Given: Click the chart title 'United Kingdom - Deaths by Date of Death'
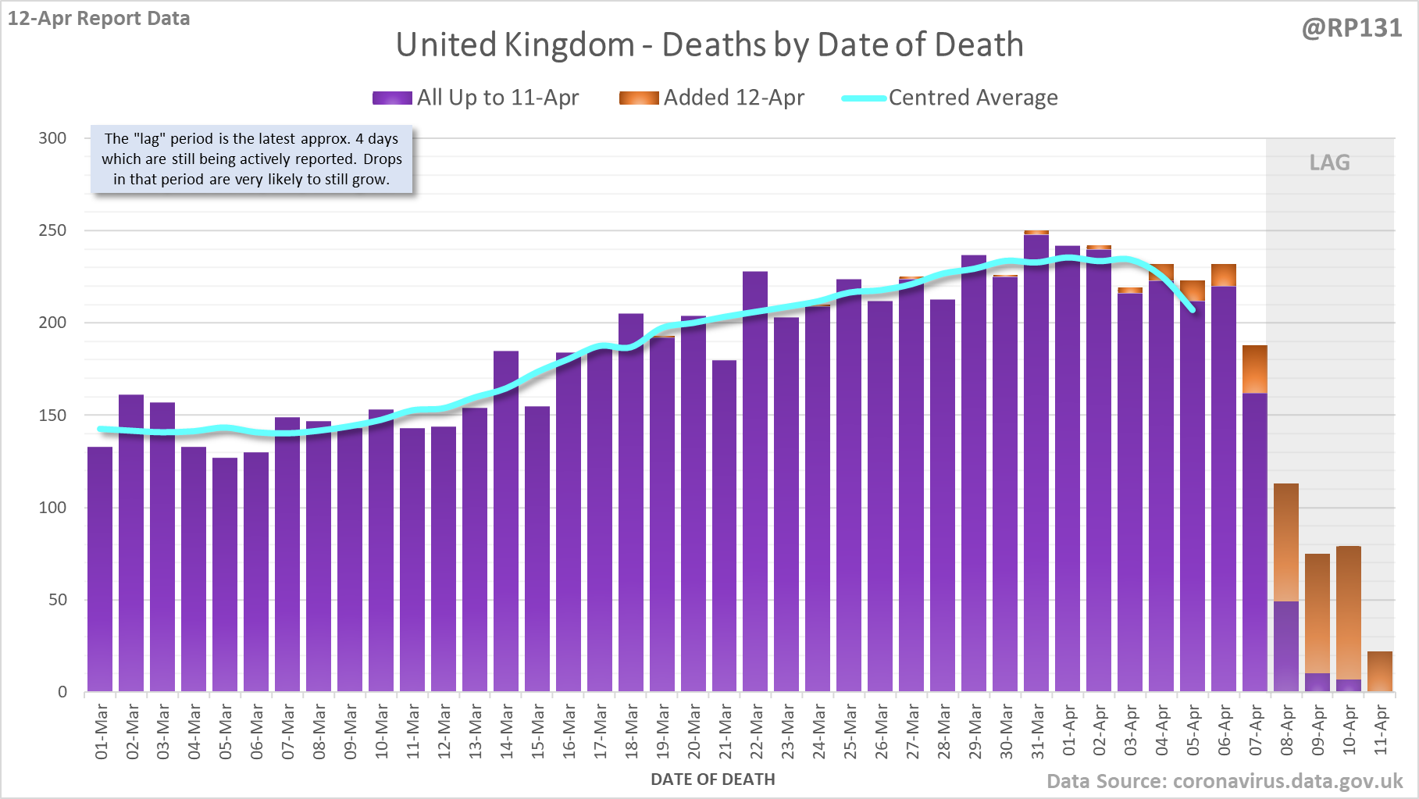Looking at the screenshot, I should [x=709, y=45].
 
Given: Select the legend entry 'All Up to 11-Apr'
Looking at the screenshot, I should [x=476, y=98].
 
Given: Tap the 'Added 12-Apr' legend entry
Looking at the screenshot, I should [x=712, y=98].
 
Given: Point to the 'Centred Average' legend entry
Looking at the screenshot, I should [x=950, y=98].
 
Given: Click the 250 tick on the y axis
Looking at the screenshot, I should [x=52, y=230].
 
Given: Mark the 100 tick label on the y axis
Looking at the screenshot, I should [x=52, y=508].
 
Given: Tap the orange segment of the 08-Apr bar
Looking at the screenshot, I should [x=1286, y=542].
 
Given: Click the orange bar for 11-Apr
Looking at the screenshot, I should [x=1380, y=672].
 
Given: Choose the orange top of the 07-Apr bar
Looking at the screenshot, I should [x=1255, y=369].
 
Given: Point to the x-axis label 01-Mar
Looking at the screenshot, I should [x=101, y=731].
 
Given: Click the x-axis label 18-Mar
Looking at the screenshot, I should [x=631, y=731].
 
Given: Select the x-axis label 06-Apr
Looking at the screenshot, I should [x=1224, y=731].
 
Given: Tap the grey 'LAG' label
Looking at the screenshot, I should [x=1329, y=162].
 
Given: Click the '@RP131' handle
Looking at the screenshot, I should [x=1351, y=28].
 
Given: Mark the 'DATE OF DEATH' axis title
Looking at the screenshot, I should [x=712, y=779].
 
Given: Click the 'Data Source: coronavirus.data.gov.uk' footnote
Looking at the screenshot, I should [x=1225, y=781].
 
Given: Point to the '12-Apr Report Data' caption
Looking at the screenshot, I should [x=99, y=19].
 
